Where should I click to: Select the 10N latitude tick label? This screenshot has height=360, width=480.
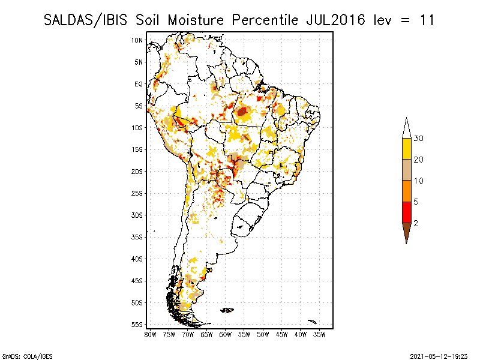point(137,40)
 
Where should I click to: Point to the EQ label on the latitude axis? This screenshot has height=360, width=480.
point(139,84)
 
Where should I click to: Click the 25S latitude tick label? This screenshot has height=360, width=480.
point(137,193)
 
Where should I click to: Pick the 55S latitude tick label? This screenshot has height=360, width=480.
point(137,325)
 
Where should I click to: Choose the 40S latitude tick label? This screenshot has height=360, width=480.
point(137,259)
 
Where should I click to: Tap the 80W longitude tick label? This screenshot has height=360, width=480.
point(150,334)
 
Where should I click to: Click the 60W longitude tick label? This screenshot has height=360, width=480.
point(226,334)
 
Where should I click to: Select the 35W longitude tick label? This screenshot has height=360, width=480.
point(320,334)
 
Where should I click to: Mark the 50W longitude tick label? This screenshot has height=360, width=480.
point(263,334)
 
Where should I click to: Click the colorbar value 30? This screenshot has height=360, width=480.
point(419,139)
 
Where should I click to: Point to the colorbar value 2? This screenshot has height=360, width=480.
point(416,223)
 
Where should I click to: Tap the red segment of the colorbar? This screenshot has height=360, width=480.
point(406,212)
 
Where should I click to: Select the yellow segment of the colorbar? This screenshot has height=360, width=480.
point(406,149)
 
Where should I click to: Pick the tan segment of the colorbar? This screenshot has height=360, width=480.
point(406,170)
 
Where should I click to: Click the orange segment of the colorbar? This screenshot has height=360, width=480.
point(406,191)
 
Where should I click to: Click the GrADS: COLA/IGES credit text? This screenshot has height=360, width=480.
point(19,355)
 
